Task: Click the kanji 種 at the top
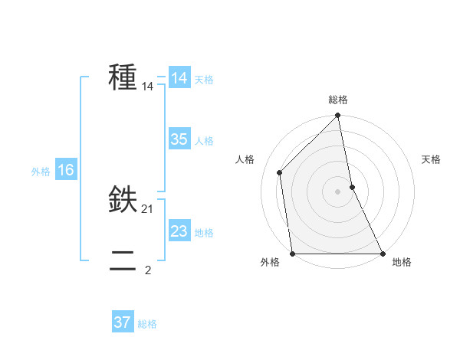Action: tap(123, 78)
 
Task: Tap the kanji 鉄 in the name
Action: tap(123, 201)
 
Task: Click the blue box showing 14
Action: tap(179, 78)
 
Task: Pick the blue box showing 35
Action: tap(179, 139)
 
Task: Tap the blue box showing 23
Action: tap(179, 231)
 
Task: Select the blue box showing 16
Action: tap(65, 170)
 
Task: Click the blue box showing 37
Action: tap(123, 322)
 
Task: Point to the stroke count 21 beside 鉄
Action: tap(148, 209)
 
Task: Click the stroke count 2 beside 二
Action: tap(148, 270)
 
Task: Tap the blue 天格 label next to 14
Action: tap(204, 80)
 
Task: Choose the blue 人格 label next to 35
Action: tap(204, 141)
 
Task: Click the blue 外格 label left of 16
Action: tap(41, 172)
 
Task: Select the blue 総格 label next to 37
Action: tap(147, 324)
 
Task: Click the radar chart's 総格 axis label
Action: tap(338, 100)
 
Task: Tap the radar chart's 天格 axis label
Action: tap(431, 159)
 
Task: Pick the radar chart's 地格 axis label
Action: tap(402, 263)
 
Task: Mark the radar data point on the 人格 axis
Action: tap(280, 172)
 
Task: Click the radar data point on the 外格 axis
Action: tap(293, 253)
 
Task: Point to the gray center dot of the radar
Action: tap(338, 191)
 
